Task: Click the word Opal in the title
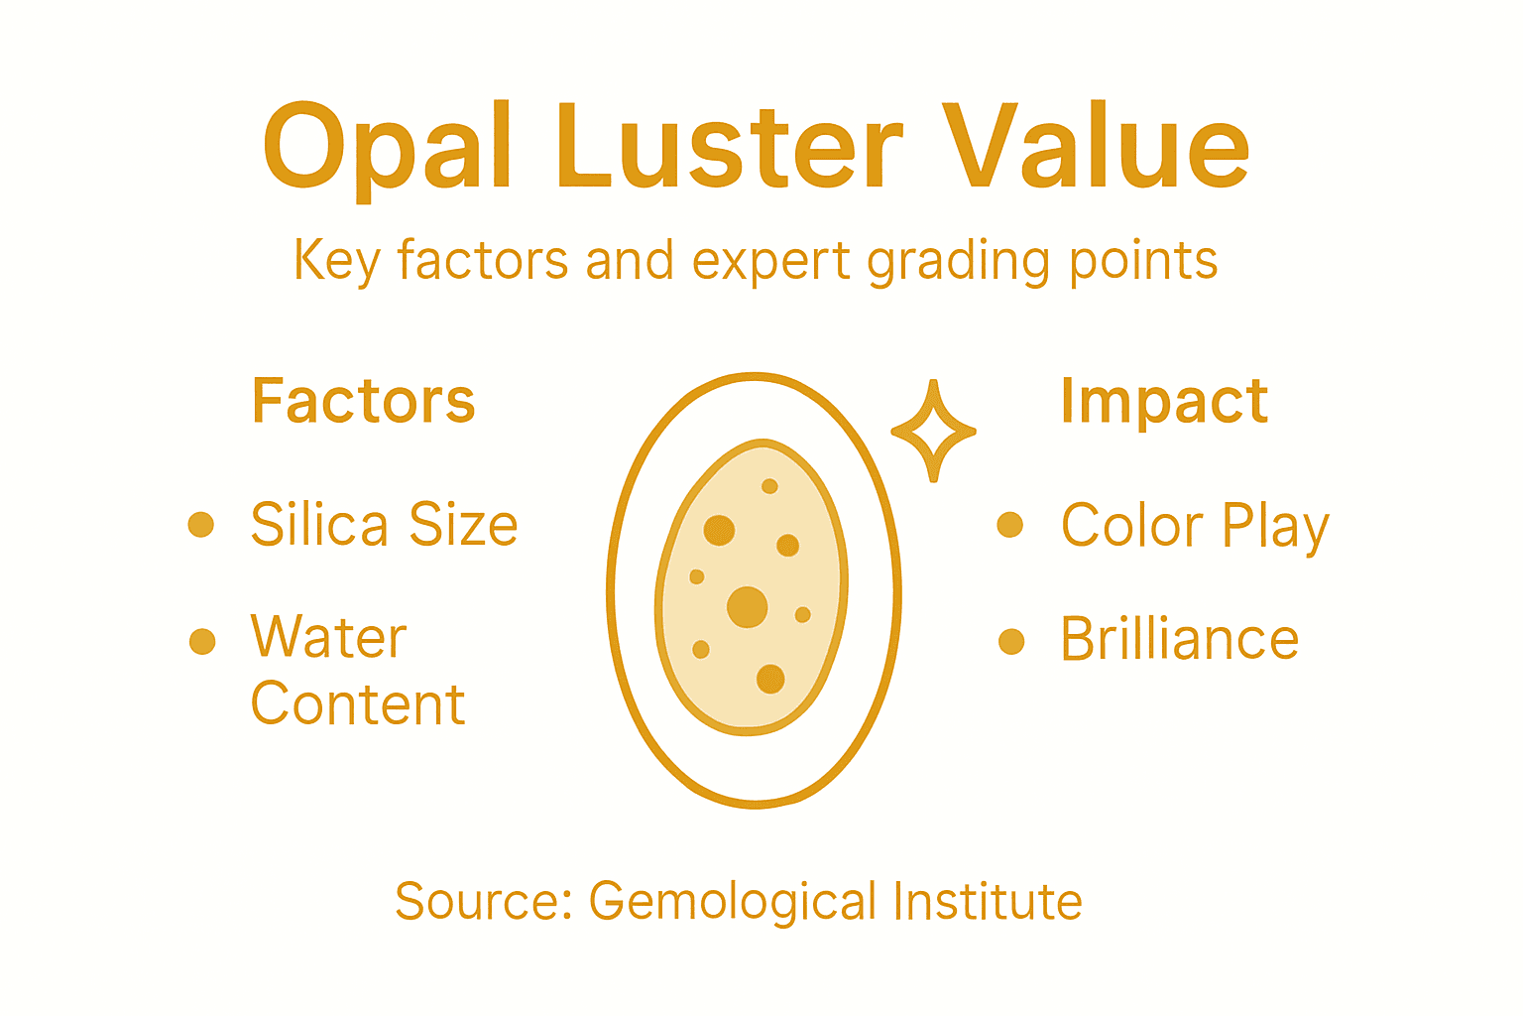click(387, 149)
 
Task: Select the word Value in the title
click(1095, 149)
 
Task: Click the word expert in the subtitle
click(769, 261)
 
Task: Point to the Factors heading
click(363, 401)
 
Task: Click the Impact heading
click(1164, 401)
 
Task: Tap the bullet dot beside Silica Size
click(201, 524)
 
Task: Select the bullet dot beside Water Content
click(202, 641)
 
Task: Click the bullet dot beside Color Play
click(1009, 524)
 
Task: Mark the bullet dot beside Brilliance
click(1010, 641)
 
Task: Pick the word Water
click(328, 637)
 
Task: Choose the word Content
click(357, 704)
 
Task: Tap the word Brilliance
click(1179, 639)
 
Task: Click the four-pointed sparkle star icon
click(933, 431)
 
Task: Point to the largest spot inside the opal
click(748, 607)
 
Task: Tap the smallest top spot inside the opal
click(769, 486)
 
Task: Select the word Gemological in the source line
click(733, 901)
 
